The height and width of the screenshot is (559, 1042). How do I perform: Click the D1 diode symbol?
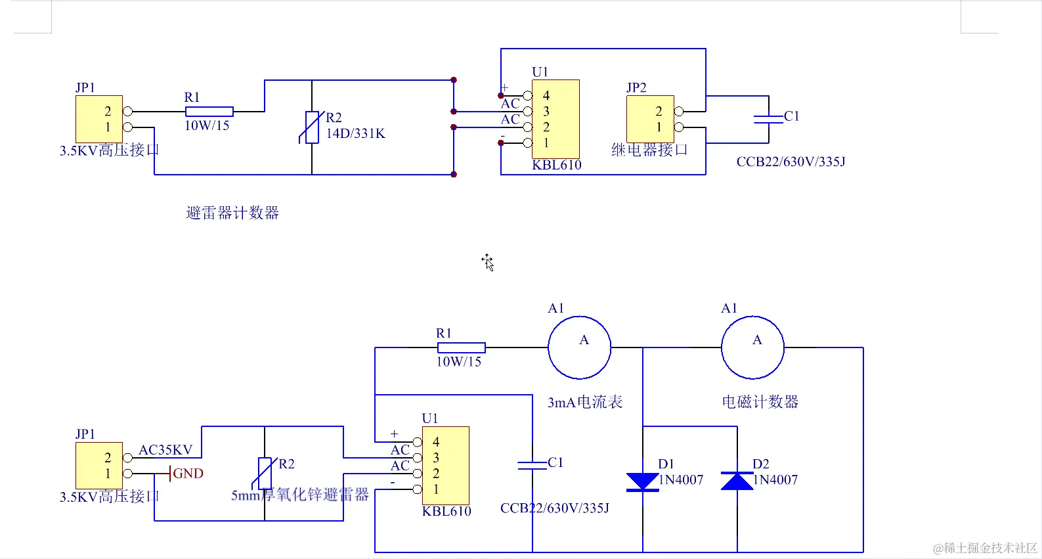click(x=642, y=481)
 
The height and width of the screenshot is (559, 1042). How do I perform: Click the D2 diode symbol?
click(x=737, y=481)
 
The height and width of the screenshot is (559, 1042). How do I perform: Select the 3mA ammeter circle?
click(x=580, y=347)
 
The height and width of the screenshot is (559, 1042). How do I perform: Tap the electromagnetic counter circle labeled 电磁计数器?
click(x=752, y=347)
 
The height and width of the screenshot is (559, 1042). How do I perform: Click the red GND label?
click(x=188, y=474)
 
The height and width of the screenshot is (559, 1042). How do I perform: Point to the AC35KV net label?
click(x=165, y=450)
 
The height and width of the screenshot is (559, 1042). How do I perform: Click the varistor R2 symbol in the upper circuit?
click(x=312, y=127)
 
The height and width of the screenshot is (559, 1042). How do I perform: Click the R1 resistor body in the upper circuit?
click(x=209, y=112)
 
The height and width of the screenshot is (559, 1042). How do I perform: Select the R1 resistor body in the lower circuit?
click(x=461, y=347)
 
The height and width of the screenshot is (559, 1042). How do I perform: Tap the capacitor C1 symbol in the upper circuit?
click(x=768, y=119)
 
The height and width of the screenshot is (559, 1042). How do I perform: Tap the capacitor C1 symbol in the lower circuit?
click(x=532, y=465)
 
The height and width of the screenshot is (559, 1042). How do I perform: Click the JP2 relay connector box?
click(x=650, y=119)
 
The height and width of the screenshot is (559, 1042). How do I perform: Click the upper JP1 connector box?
click(x=99, y=119)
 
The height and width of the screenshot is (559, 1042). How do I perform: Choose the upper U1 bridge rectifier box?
click(x=555, y=119)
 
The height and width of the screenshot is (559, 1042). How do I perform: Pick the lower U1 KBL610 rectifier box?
click(x=445, y=465)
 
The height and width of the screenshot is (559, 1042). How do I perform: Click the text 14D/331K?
click(x=356, y=133)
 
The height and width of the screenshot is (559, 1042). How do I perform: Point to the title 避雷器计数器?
click(x=232, y=213)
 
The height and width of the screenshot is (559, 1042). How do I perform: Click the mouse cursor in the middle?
click(x=487, y=261)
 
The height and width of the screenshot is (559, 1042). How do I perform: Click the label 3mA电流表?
click(x=585, y=402)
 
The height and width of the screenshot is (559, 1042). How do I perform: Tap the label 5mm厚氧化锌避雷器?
click(x=300, y=495)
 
